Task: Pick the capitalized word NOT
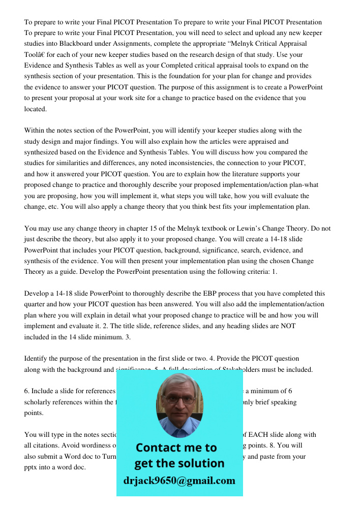[288, 326]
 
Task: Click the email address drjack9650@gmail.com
[179, 481]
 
